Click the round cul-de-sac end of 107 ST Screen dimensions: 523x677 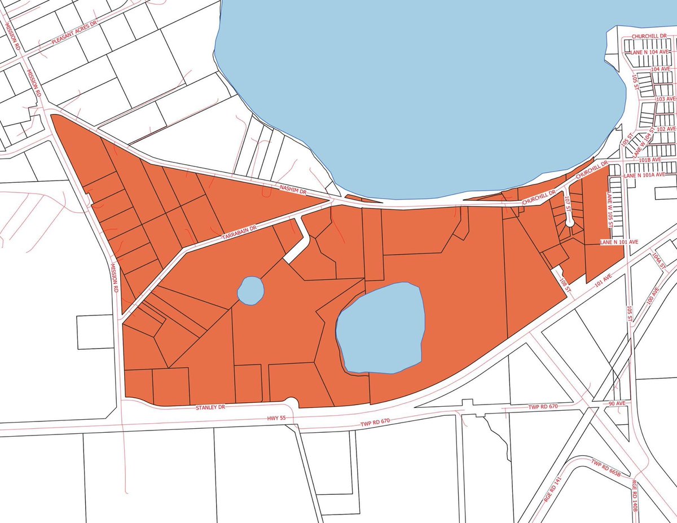[x=570, y=222]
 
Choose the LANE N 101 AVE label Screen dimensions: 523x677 [x=619, y=241]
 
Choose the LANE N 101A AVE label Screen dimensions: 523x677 [x=649, y=176]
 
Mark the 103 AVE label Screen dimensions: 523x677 [x=666, y=99]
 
